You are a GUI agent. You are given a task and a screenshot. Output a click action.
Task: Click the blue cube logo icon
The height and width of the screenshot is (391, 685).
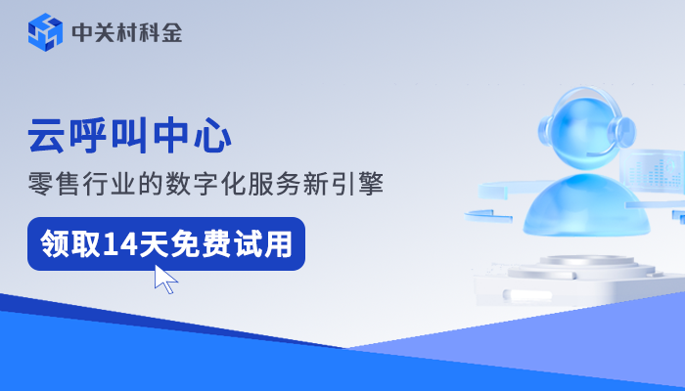click(x=45, y=32)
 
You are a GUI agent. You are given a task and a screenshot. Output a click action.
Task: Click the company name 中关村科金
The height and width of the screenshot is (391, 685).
click(x=126, y=33)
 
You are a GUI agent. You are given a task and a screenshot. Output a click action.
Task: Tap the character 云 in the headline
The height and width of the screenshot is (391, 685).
click(x=45, y=136)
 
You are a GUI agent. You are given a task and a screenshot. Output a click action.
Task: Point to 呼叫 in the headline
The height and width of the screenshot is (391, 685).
click(x=108, y=136)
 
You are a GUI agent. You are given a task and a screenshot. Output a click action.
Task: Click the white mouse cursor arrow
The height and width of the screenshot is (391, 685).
click(x=165, y=279)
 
